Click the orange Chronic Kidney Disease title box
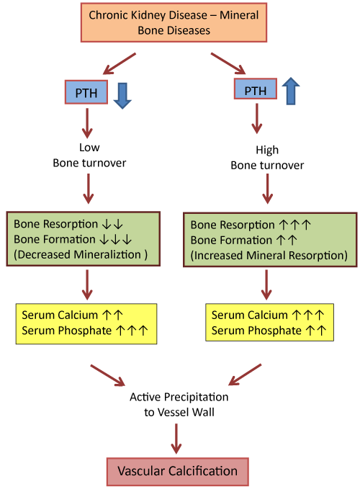tap(174, 22)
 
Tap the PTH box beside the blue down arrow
tap(86, 92)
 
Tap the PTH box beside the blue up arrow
tap(256, 89)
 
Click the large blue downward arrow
tap(122, 96)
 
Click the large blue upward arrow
tap(291, 91)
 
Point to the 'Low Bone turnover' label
tap(89, 155)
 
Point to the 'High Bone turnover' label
tap(267, 158)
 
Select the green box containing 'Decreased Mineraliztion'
tap(84, 239)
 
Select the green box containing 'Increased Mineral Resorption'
tap(270, 240)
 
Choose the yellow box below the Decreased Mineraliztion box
tap(86, 323)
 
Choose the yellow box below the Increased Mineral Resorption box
tap(269, 322)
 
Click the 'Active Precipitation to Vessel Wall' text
tap(179, 405)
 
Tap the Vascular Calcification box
tap(178, 472)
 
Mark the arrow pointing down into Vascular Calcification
tap(176, 439)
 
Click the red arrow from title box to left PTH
tap(120, 63)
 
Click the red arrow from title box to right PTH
tap(228, 63)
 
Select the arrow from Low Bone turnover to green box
tap(89, 189)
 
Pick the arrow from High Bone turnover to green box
tap(267, 189)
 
